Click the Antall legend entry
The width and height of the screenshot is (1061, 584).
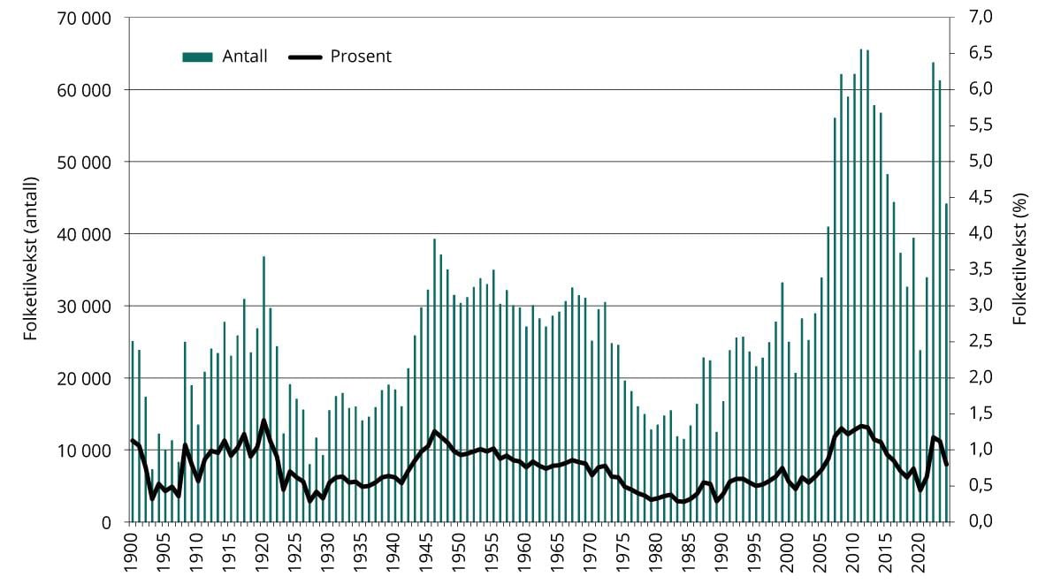pyautogui.click(x=225, y=57)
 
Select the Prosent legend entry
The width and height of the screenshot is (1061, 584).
pyautogui.click(x=340, y=57)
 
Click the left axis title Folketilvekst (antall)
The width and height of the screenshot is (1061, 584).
pyautogui.click(x=31, y=269)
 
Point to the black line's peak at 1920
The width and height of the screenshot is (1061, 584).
pyautogui.click(x=263, y=421)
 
